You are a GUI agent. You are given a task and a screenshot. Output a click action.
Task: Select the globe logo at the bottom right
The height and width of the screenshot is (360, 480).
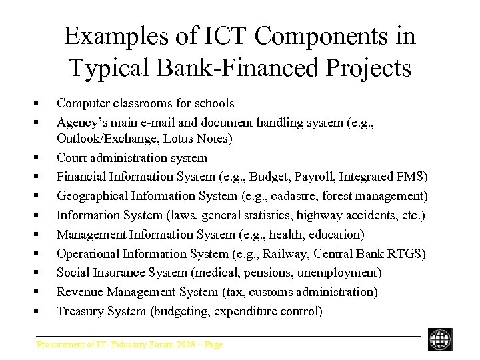click(x=440, y=339)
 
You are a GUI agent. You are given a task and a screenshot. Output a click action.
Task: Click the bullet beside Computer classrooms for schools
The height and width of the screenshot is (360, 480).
click(x=35, y=104)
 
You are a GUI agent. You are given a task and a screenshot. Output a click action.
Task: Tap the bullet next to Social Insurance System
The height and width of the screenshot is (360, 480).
click(x=35, y=273)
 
